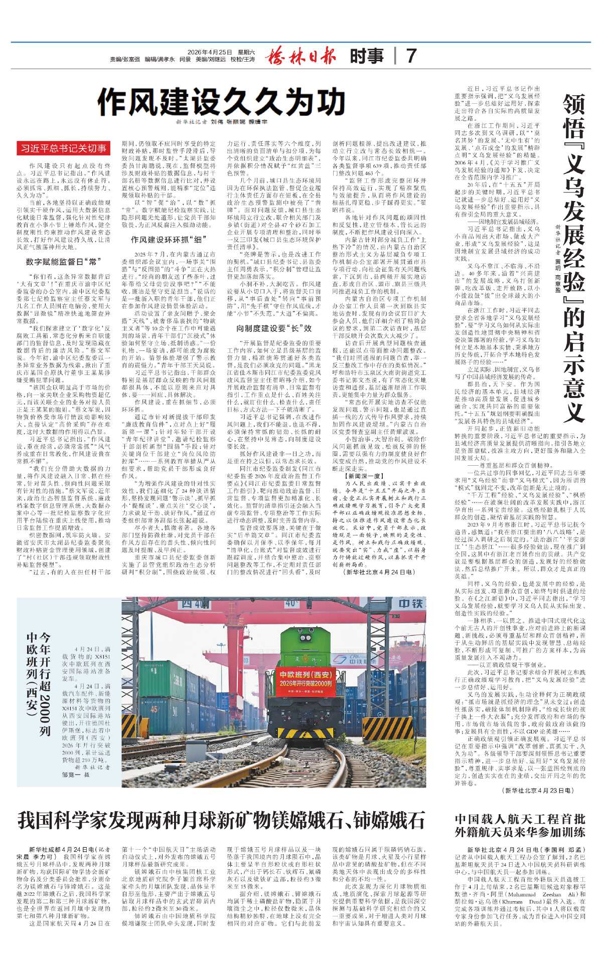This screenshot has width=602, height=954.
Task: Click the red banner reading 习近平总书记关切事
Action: (63, 148)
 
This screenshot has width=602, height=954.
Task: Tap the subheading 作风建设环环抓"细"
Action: (169, 240)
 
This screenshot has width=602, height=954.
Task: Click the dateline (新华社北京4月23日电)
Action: (537, 791)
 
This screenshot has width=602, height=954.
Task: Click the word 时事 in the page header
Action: (367, 56)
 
